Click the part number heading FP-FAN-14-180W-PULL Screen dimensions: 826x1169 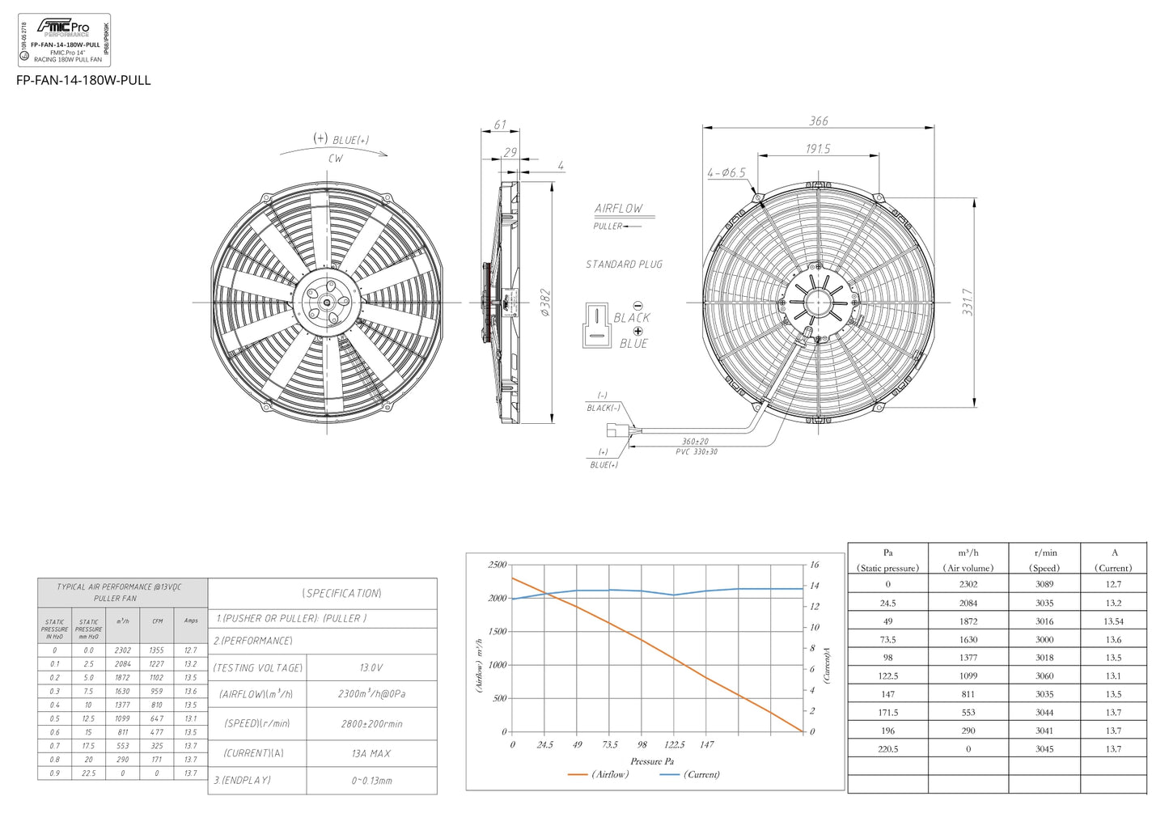(83, 80)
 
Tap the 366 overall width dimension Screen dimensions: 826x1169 (818, 121)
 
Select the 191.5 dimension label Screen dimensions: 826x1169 (817, 149)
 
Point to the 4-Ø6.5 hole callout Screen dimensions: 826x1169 (726, 173)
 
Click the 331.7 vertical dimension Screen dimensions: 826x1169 (968, 302)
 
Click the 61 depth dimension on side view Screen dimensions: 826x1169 (500, 125)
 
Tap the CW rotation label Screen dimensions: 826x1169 (335, 159)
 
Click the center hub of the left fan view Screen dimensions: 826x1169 (327, 303)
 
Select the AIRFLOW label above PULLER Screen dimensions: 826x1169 (618, 209)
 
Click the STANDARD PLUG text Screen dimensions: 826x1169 (624, 265)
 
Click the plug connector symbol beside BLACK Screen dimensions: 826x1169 (596, 325)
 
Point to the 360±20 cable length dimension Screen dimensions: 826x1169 (695, 442)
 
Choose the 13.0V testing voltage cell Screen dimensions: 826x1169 (371, 668)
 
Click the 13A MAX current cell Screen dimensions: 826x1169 (371, 753)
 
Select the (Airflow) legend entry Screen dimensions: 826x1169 (599, 774)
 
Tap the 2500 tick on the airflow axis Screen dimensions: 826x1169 (497, 565)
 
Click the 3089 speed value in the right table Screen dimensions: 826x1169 (1044, 584)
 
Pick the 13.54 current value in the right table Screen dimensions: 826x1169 (1113, 621)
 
